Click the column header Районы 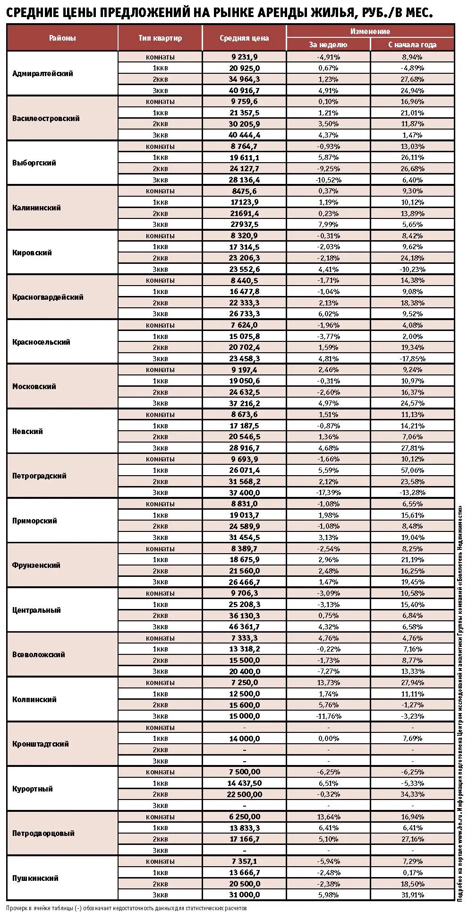tap(62, 38)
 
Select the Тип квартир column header tap(160, 38)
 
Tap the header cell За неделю tap(328, 44)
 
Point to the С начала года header tap(412, 44)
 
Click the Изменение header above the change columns tap(370, 31)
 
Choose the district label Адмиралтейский tap(43, 73)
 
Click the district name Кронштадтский tap(41, 744)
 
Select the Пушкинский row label tap(35, 878)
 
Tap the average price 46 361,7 tap(244, 626)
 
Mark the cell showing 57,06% tap(412, 470)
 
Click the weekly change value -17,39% tap(328, 492)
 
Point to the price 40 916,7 tap(244, 90)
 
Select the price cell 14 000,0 tap(244, 738)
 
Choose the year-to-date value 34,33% tap(412, 794)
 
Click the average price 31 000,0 tap(244, 895)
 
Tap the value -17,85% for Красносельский tap(412, 358)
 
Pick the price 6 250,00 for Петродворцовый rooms tap(244, 817)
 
